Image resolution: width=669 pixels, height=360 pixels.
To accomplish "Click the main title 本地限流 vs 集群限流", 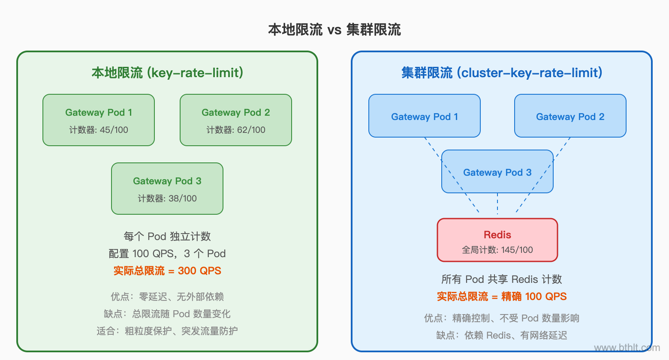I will click(x=334, y=30).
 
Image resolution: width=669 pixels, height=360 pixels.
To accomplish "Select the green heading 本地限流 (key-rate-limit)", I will click(x=167, y=73).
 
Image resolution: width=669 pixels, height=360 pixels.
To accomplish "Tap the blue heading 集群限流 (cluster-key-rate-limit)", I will click(x=502, y=73).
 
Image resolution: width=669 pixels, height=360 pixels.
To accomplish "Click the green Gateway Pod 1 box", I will click(x=99, y=120).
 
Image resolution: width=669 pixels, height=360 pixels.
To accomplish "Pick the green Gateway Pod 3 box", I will click(x=167, y=189).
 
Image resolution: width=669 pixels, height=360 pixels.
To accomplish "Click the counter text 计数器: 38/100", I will click(x=167, y=198).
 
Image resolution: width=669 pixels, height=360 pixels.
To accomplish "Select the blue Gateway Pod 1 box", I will click(x=425, y=116).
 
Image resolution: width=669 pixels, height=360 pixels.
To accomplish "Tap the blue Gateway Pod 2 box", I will click(x=570, y=116).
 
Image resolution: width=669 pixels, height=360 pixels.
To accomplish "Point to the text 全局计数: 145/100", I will click(x=497, y=250).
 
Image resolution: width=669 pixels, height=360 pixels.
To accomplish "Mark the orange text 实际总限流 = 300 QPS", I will click(x=167, y=271).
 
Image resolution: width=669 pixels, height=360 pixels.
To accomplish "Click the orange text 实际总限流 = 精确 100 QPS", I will click(x=502, y=297).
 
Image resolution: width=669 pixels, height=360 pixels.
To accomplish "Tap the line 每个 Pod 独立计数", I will click(x=167, y=237).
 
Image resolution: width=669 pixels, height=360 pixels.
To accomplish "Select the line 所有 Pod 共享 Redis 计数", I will click(x=502, y=279).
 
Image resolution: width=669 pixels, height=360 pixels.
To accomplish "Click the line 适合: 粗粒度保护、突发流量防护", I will click(x=167, y=331).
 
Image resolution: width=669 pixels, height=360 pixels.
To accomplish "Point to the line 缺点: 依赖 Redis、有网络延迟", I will click(x=502, y=335).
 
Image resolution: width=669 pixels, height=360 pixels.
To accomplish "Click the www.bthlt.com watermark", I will click(x=627, y=348).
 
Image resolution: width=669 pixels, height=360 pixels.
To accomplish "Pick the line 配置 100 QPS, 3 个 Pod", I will click(x=167, y=254).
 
